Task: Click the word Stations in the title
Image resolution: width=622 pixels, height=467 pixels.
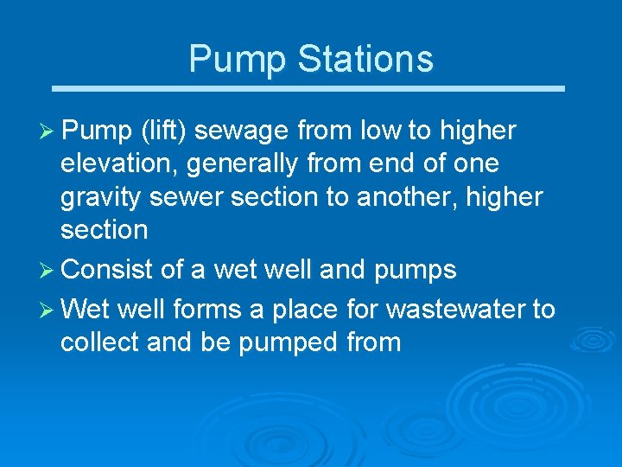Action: (x=365, y=59)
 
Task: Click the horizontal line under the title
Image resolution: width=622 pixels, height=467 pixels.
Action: (x=309, y=88)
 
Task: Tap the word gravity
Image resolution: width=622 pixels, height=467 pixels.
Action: (x=101, y=197)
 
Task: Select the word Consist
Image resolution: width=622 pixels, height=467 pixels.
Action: (x=108, y=270)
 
